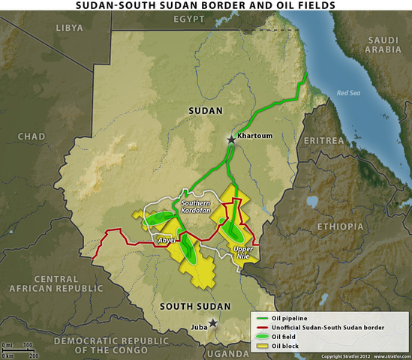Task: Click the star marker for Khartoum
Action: click(231, 139)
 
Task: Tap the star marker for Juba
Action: click(213, 323)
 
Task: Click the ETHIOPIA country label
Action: click(341, 226)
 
